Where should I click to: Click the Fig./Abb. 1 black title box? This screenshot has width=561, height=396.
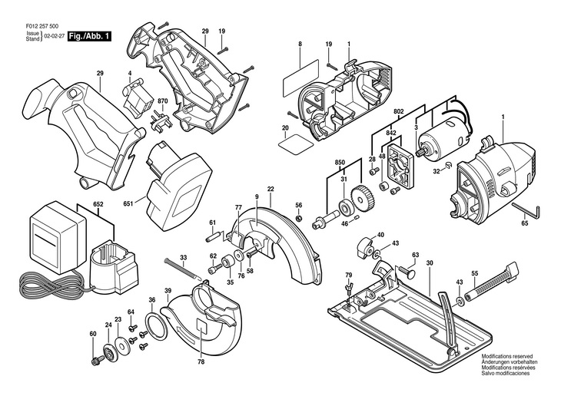coord(89,36)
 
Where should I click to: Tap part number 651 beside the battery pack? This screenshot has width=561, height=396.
coord(128,203)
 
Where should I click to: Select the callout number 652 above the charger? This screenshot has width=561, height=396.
coord(98,204)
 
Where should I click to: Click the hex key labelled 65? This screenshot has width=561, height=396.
coord(526,210)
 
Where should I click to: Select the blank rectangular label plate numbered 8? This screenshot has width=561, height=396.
coord(300,78)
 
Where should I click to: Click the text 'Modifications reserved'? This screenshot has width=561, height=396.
coord(507,356)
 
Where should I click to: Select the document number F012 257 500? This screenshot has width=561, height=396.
coord(42,26)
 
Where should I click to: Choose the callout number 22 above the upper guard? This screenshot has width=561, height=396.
coord(271,189)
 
